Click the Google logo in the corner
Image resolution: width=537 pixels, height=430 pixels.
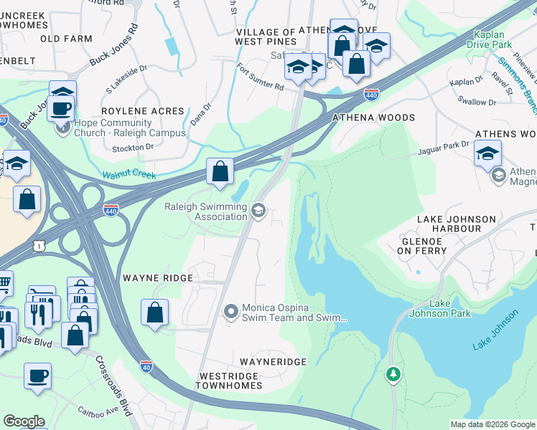coord(24,421)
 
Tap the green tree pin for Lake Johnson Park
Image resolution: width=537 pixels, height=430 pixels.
coord(393,373)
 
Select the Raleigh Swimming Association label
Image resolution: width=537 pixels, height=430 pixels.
coord(205,212)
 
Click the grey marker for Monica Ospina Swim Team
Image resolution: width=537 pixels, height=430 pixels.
coord(231,311)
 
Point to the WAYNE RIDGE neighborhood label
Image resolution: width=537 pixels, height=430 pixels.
coord(157,277)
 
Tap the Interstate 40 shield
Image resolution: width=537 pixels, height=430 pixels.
coord(146,366)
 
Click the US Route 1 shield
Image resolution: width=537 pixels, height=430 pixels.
coord(42,246)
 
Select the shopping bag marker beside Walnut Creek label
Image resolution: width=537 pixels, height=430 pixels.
coord(220,172)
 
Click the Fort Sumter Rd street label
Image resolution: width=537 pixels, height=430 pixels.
coord(261,77)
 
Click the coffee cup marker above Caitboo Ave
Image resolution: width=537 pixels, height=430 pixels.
coord(37,375)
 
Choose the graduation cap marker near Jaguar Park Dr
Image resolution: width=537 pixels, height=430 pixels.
coord(487,153)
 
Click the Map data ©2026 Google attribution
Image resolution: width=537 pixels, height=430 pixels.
coord(492,424)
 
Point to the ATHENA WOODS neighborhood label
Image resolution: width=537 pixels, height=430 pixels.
coord(373,118)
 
